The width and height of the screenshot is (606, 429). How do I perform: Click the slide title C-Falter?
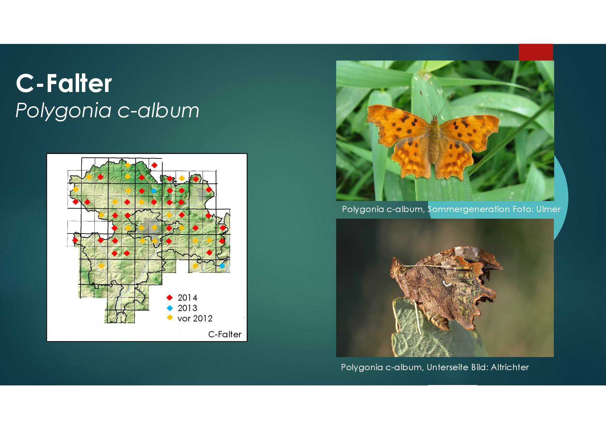[x=64, y=83]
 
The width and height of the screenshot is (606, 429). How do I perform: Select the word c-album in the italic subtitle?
[x=159, y=110]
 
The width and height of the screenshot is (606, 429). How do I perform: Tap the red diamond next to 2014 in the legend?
[x=170, y=298]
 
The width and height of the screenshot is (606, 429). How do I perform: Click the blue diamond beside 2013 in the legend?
[x=170, y=308]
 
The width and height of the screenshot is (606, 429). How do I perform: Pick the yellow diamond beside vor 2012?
[x=170, y=318]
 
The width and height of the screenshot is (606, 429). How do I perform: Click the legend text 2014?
[x=187, y=298]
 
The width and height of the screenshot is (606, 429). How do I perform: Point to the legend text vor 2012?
[x=195, y=318]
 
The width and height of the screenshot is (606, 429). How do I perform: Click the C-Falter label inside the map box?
[x=225, y=334]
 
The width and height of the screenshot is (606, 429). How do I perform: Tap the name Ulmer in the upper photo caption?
[x=548, y=209]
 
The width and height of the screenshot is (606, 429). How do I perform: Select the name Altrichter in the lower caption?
[x=510, y=367]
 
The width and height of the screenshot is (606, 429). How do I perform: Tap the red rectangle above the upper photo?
[x=536, y=52]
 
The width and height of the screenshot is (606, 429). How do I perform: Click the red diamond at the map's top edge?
[x=154, y=165]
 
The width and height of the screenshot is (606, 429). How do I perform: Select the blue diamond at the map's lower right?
[x=222, y=266]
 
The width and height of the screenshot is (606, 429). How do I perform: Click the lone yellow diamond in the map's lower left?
[x=101, y=266]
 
